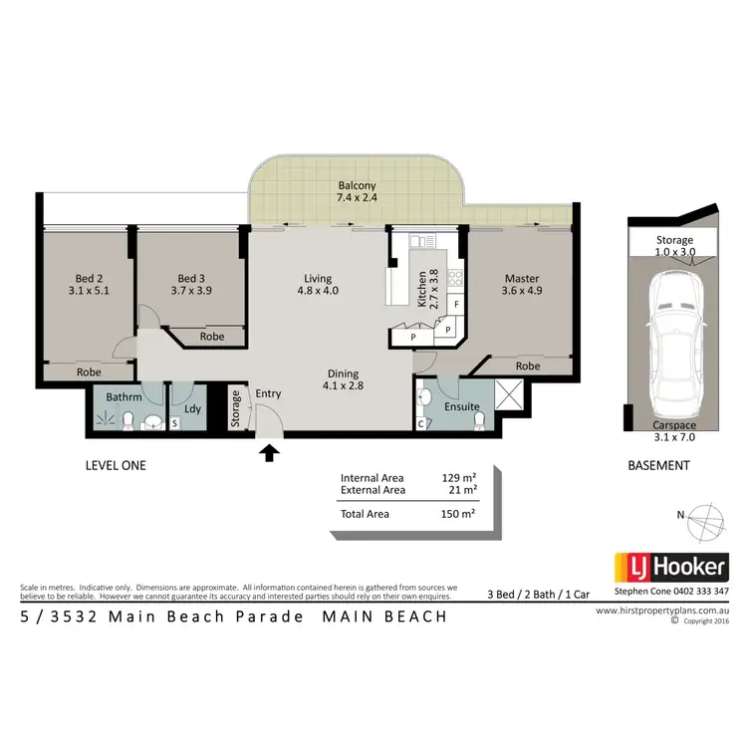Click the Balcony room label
[x=357, y=186]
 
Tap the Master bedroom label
[x=521, y=278]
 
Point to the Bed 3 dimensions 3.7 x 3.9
[x=190, y=291]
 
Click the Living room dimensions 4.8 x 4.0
[x=319, y=291]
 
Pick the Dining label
[x=343, y=374]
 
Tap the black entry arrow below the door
[x=268, y=454]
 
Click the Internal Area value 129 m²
[x=460, y=477]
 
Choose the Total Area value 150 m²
[x=460, y=514]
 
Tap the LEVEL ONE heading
[x=116, y=465]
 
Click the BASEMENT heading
[x=658, y=465]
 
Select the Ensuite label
[x=463, y=406]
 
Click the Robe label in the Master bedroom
[x=528, y=366]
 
